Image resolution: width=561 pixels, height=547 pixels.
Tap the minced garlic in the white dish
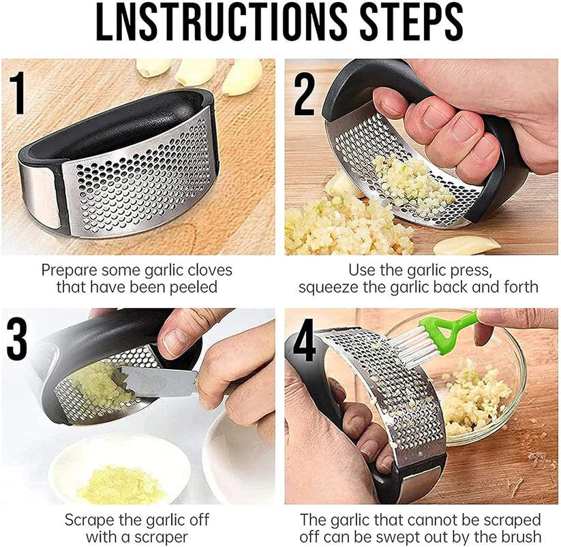pyautogui.click(x=121, y=483)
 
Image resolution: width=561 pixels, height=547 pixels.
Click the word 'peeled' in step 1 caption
pyautogui.click(x=193, y=287)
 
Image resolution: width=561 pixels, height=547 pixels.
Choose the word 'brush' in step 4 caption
pyautogui.click(x=521, y=537)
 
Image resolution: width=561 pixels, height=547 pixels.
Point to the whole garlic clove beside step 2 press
pyautogui.click(x=467, y=245)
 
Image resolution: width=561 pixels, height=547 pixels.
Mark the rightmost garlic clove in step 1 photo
pyautogui.click(x=242, y=77)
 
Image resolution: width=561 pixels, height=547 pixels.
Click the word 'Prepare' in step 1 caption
pyautogui.click(x=66, y=270)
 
